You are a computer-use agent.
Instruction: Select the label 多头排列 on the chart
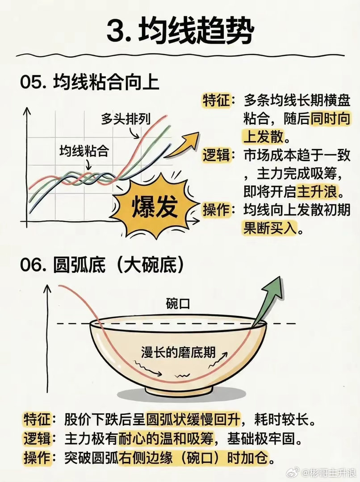125,119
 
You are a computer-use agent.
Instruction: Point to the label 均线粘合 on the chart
84,150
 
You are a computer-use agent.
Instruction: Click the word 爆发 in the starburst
154,206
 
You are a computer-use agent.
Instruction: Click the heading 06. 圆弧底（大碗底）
103,266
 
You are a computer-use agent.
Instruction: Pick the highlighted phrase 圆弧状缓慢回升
194,420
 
